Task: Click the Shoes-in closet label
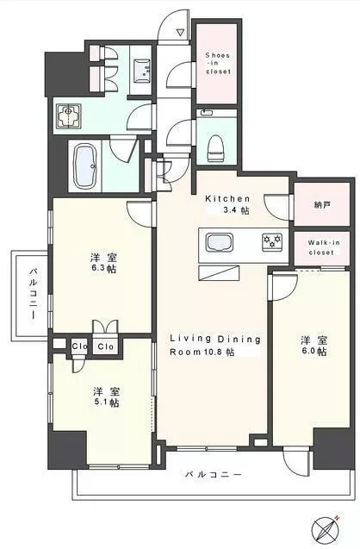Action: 218,63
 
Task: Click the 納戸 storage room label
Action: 322,205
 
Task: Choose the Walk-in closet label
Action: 324,247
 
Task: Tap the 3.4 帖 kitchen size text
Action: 236,211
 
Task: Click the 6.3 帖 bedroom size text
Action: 103,269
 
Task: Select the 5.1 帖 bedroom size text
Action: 106,402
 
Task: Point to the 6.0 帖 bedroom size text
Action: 313,351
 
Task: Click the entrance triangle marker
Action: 180,33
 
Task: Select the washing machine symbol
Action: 69,115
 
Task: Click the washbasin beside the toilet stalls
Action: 142,71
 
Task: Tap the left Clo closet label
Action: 79,346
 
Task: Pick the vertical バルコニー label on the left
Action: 34,293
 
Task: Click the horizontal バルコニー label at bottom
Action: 213,475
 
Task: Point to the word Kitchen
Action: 227,199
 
